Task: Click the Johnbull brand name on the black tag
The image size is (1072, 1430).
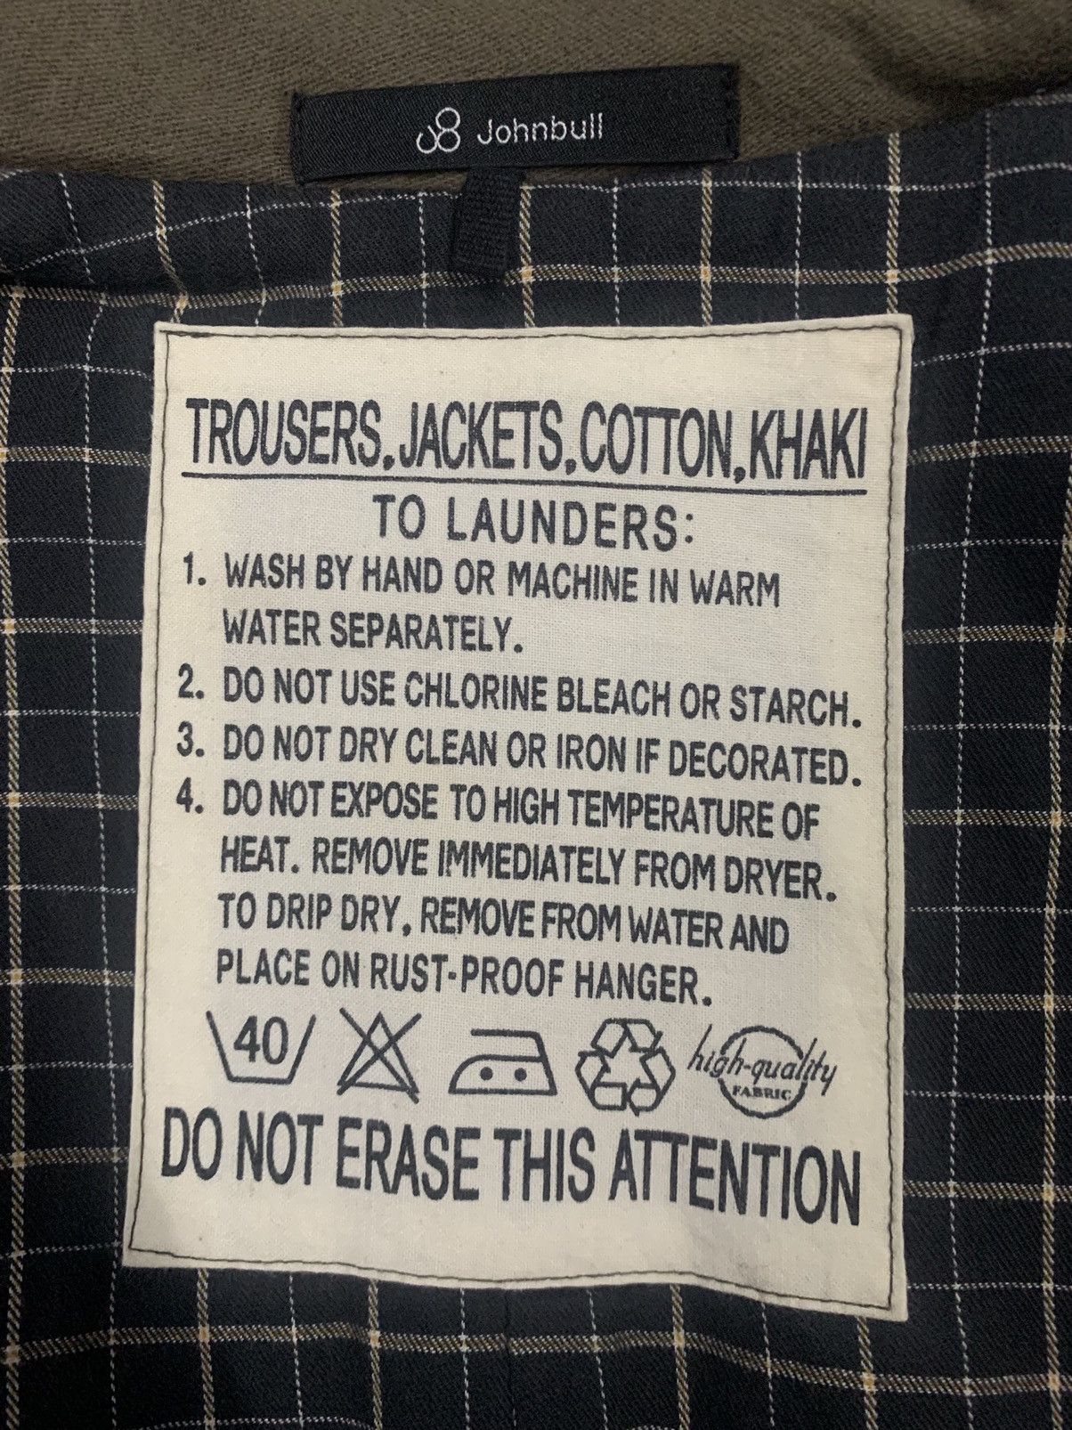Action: [540, 132]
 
